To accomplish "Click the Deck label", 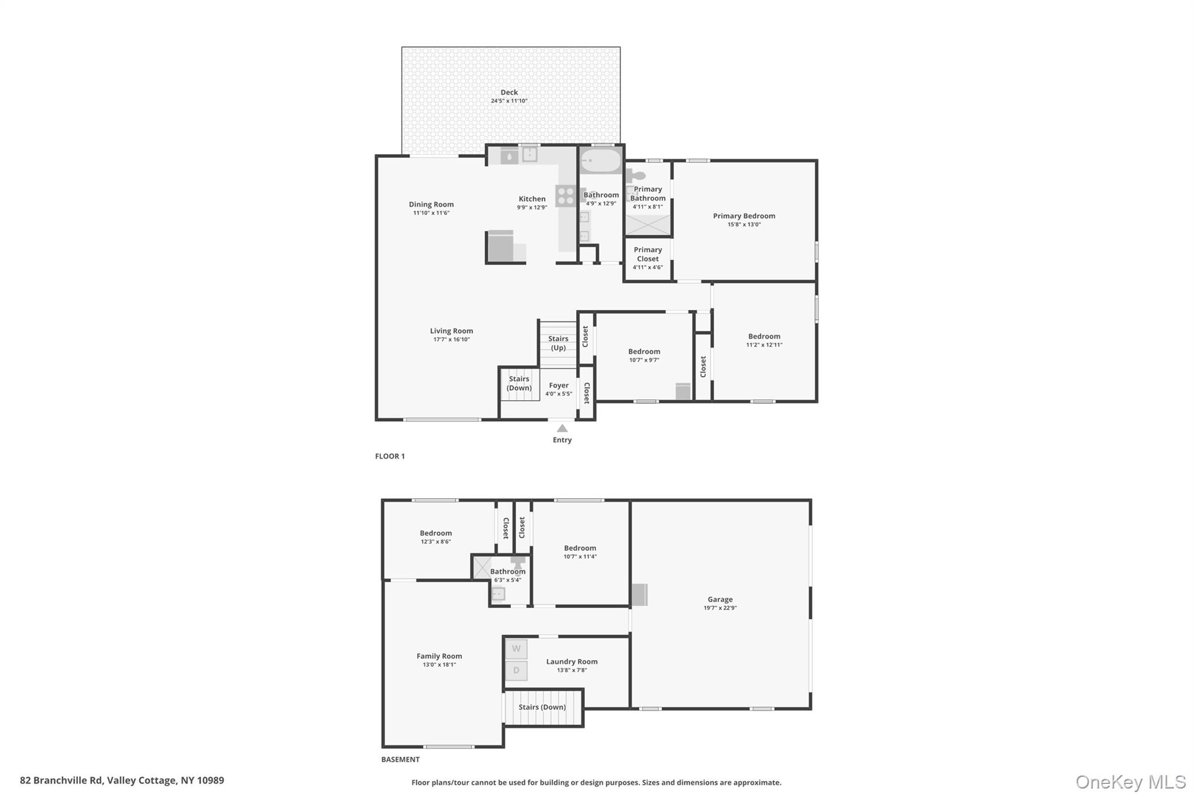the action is point(509,92).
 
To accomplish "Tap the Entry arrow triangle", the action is point(562,428).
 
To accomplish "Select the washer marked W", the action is point(516,649).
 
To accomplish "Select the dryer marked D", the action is point(516,670).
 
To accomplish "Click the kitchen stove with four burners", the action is point(565,196).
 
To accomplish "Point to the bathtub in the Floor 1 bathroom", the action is point(601,161).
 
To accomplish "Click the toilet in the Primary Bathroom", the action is point(636,175).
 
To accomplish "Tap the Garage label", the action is point(720,599).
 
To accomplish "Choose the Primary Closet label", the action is point(648,255).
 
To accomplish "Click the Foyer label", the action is point(559,385).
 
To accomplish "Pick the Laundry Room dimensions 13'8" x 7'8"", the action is point(572,670).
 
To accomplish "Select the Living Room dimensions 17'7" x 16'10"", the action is point(451,340).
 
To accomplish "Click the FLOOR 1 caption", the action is point(390,456).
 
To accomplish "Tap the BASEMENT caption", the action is point(400,759).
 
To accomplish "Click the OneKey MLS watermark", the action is point(1131,782).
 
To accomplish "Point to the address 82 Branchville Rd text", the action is point(61,780).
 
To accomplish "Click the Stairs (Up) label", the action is point(558,343).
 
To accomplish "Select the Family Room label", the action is point(439,656).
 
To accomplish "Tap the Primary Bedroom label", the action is point(744,216).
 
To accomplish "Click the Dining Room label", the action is point(431,204).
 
